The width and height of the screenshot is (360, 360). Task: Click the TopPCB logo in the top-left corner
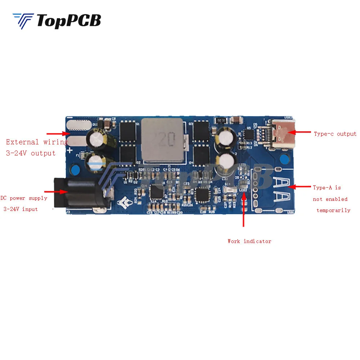click(57, 21)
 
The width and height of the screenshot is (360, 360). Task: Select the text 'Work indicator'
click(249, 241)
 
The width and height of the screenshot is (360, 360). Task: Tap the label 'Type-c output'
click(335, 134)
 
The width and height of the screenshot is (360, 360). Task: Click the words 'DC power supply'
click(24, 198)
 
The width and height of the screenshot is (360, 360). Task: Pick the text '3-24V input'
click(21, 209)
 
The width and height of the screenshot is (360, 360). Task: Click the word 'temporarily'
click(333, 210)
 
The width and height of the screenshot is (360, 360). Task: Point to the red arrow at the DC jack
click(54, 192)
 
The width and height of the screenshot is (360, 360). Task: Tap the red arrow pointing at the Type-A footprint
click(301, 186)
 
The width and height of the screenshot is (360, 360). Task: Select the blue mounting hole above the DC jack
click(76, 169)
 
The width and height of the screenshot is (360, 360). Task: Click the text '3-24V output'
click(31, 153)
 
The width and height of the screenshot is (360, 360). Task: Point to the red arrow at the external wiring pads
click(56, 134)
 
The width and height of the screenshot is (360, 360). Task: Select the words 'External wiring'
click(36, 142)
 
